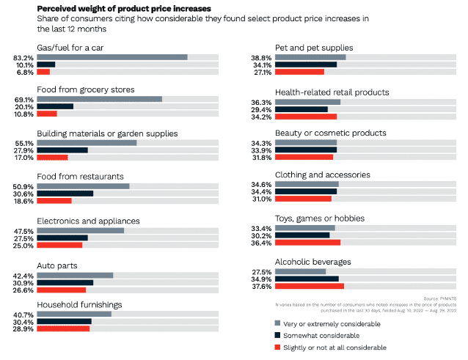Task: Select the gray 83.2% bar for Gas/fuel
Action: coord(112,56)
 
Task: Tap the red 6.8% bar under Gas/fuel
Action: coord(43,72)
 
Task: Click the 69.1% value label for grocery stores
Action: coord(23,99)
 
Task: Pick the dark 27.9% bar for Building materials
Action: coord(62,150)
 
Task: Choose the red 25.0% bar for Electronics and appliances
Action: coord(59,244)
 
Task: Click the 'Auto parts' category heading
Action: coord(58,265)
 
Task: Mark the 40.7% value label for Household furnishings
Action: coord(23,314)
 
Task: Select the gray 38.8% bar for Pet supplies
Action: coord(310,56)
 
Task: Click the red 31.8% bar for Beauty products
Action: coord(304,156)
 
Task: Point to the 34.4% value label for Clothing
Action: coord(261,191)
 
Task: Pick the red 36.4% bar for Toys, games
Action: coord(307,242)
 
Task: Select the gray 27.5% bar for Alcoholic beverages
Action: coord(301,271)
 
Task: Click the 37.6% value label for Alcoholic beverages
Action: coord(261,286)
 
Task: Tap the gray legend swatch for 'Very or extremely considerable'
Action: coord(278,323)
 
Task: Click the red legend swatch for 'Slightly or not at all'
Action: coord(278,347)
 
